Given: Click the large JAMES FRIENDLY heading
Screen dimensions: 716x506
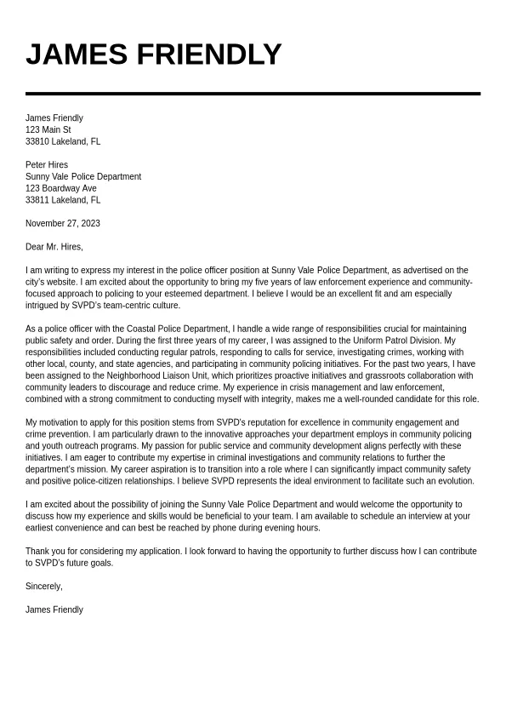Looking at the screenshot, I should coord(153,54).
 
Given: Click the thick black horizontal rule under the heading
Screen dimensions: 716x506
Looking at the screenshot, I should coord(253,94).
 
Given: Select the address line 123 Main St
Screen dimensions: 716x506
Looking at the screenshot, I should coord(48,130).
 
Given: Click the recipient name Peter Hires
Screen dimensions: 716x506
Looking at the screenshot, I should coord(47,165).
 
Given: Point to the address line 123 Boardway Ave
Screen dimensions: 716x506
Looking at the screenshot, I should coord(61,188).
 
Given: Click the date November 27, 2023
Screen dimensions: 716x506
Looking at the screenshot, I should coord(63,224).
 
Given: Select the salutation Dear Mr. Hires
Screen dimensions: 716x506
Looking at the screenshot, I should coord(54,247).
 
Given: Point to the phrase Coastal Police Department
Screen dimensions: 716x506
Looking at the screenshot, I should coord(178,329).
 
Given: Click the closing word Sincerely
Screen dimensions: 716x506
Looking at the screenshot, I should coord(43,587).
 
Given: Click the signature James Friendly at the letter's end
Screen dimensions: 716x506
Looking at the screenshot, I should coord(54,610).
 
